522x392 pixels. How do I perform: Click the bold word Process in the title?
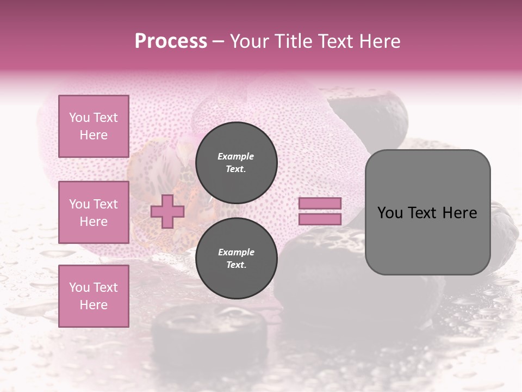(171, 41)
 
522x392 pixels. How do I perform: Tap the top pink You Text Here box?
(94, 126)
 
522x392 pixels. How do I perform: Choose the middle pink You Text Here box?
(94, 212)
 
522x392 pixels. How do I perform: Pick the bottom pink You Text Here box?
(94, 296)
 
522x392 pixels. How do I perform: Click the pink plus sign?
(167, 212)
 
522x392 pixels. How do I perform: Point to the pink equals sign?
(320, 211)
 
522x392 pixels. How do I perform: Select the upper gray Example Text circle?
(236, 162)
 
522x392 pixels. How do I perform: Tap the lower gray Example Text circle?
(236, 258)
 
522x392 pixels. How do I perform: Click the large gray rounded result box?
(427, 212)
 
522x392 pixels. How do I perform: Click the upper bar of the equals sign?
(320, 204)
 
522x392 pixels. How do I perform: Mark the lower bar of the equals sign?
(320, 219)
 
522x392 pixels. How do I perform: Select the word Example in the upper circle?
(236, 156)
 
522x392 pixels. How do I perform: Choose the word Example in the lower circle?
(236, 252)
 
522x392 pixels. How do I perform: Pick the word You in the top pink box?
(79, 118)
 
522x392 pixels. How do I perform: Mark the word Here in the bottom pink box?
(94, 305)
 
